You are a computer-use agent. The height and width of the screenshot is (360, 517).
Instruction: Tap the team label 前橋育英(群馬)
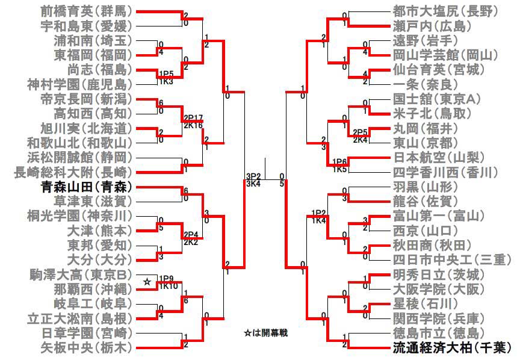pyautogui.click(x=86, y=11)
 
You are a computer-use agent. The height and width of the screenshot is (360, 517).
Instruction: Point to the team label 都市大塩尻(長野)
pyautogui.click(x=444, y=11)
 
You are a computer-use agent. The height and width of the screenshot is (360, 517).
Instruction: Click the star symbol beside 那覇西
pyautogui.click(x=146, y=282)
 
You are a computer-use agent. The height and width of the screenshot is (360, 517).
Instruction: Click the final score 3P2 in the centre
pyautogui.click(x=253, y=176)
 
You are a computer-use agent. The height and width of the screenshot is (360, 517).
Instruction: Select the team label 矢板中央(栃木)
pyautogui.click(x=86, y=347)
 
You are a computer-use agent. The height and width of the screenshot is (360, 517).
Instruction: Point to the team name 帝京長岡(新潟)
pyautogui.click(x=86, y=98)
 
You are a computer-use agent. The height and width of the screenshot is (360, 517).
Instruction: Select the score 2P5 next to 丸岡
pyautogui.click(x=360, y=131)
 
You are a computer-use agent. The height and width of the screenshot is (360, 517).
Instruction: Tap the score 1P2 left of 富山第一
pyautogui.click(x=318, y=213)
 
